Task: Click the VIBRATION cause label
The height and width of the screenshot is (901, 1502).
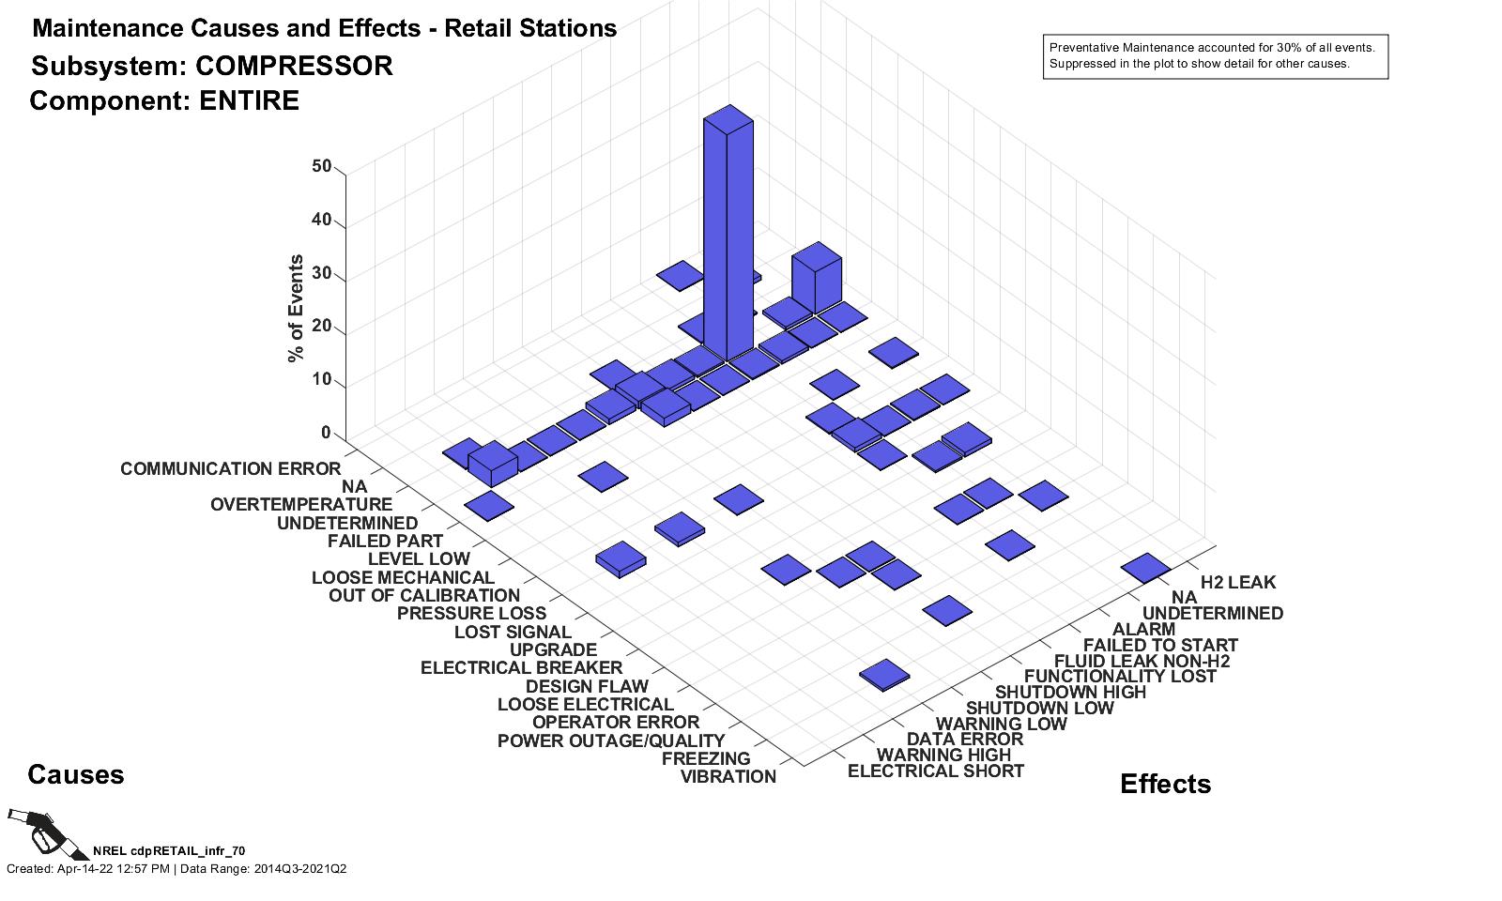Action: [x=728, y=776]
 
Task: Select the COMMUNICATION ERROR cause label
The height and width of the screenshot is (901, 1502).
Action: [x=230, y=468]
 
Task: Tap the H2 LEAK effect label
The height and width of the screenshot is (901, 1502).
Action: [x=1238, y=582]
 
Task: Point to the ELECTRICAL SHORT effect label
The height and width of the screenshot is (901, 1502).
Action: [x=935, y=771]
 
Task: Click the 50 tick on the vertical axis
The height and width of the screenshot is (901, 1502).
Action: [x=322, y=167]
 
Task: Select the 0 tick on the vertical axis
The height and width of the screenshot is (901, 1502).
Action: [x=327, y=433]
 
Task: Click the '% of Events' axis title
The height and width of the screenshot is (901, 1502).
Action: [x=297, y=308]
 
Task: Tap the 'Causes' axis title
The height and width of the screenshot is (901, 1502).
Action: [x=76, y=774]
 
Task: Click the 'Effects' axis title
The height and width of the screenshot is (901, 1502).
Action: [x=1165, y=784]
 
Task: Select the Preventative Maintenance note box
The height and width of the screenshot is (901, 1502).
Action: [x=1215, y=56]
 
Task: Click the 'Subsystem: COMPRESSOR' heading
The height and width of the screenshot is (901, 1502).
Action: [x=212, y=67]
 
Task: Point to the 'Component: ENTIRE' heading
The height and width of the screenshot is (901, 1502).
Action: [x=164, y=101]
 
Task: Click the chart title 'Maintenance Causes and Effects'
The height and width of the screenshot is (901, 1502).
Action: [x=324, y=29]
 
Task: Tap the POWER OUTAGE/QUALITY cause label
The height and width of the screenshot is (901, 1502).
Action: [x=611, y=741]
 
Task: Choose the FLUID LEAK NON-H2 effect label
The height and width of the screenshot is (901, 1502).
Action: [x=1142, y=661]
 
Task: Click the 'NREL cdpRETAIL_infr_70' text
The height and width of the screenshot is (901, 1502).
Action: [x=169, y=850]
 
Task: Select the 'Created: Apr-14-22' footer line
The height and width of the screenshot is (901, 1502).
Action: [x=176, y=869]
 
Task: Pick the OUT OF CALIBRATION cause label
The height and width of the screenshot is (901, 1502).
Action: [x=423, y=595]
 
